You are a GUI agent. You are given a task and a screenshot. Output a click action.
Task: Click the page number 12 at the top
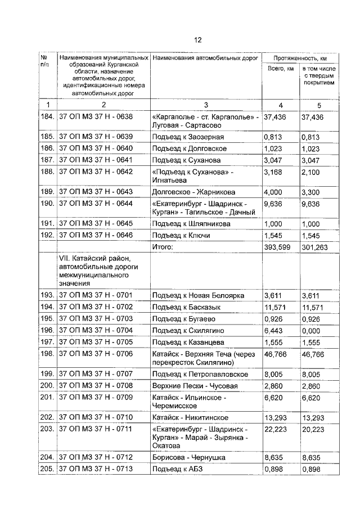pos(197,40)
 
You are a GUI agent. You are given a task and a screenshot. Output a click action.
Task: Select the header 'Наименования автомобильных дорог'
pos(205,58)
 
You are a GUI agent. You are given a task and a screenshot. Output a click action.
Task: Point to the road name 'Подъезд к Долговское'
pos(189,148)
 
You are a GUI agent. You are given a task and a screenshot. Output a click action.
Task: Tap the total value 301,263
pos(315,247)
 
